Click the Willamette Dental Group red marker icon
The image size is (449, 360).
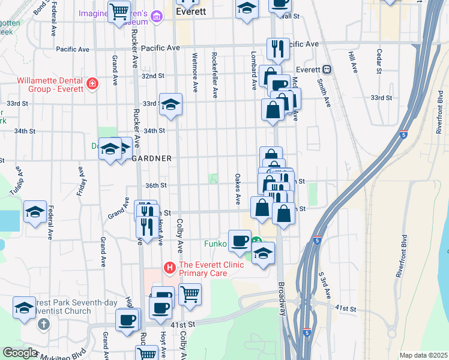tap(92, 83)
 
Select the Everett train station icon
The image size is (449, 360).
tap(327, 70)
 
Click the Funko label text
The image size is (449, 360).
tap(215, 244)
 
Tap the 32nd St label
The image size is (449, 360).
tap(152, 76)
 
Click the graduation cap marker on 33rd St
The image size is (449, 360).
tap(170, 105)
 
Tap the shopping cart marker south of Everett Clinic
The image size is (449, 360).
tap(190, 294)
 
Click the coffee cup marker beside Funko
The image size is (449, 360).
tap(240, 240)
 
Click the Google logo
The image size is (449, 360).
tap(20, 352)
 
